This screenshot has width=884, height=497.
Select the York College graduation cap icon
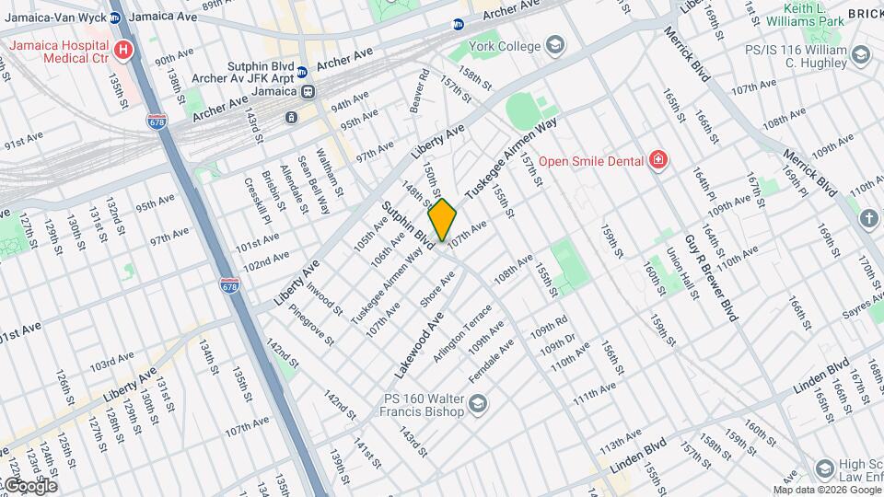pos(555,44)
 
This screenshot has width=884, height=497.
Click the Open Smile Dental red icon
pos(657,161)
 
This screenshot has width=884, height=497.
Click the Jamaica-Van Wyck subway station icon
pos(115,17)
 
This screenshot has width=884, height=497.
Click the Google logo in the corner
pos(29,486)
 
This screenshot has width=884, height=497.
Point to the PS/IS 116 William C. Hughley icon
pos(861,55)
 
